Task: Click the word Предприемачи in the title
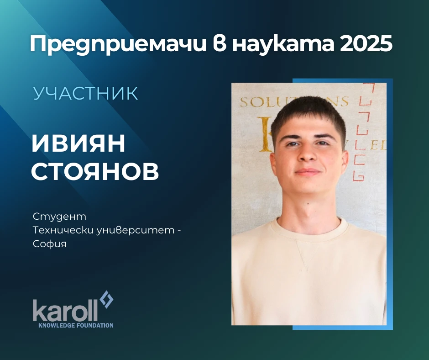click(x=118, y=44)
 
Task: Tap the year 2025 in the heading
click(x=366, y=44)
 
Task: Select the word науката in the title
click(x=283, y=44)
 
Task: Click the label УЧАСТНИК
click(x=86, y=93)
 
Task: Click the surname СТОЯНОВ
click(x=95, y=171)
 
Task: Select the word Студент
click(x=59, y=217)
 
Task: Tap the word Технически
click(x=63, y=230)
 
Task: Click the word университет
click(x=136, y=230)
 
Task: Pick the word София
click(x=50, y=244)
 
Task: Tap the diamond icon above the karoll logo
click(x=106, y=299)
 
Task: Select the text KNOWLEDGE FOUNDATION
click(x=76, y=325)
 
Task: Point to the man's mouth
click(x=308, y=172)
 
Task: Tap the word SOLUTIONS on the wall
click(x=294, y=101)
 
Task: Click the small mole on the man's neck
click(x=308, y=204)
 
